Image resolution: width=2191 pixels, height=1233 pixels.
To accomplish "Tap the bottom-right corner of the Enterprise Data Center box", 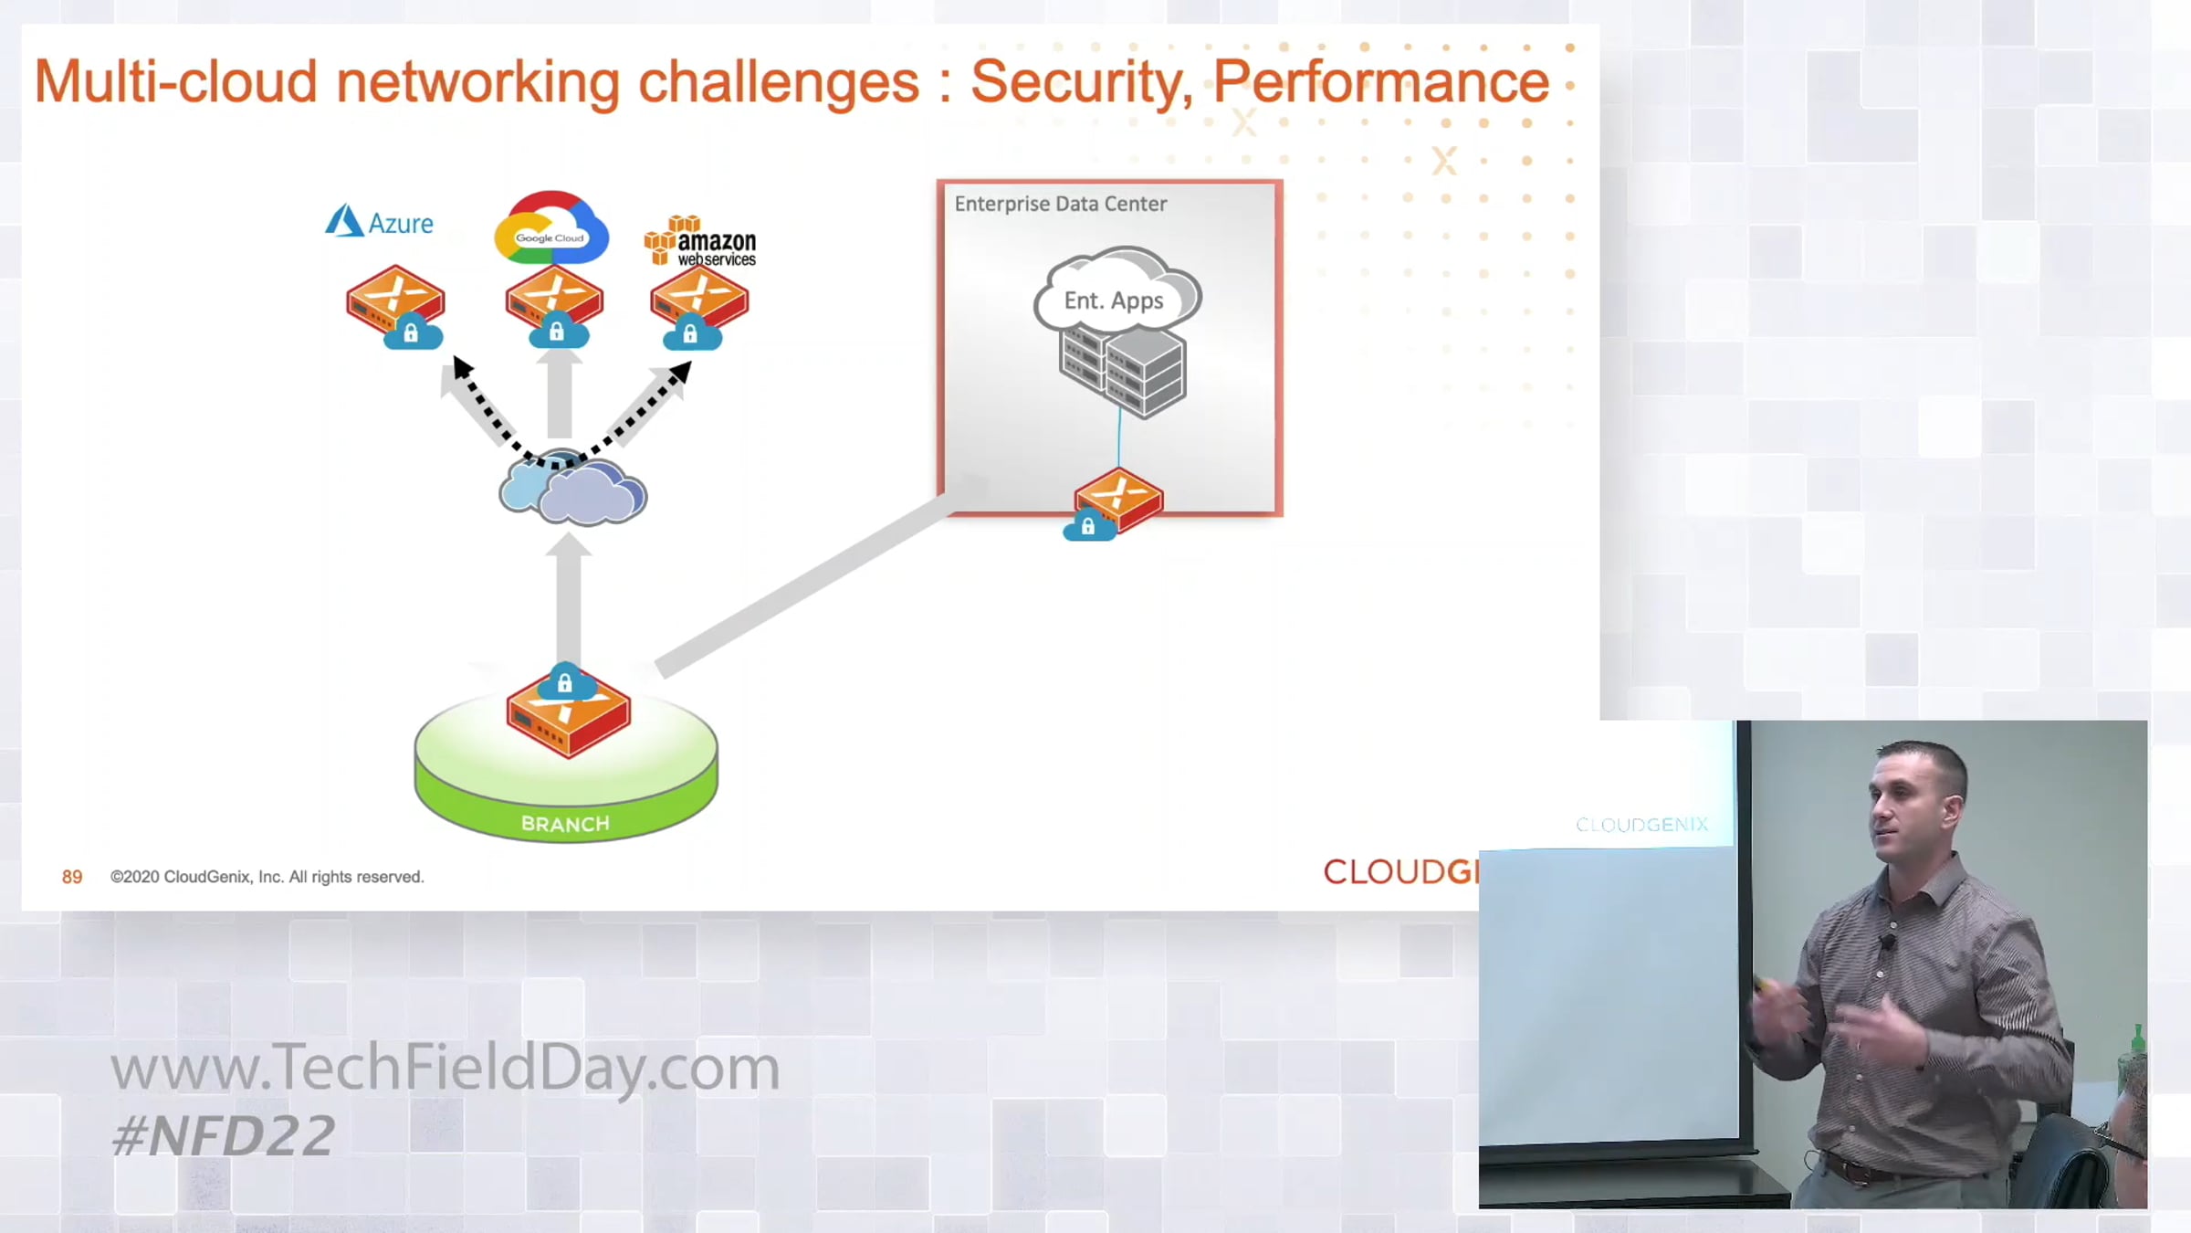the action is [x=1282, y=516].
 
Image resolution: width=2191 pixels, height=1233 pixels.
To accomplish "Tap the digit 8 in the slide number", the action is [x=67, y=877].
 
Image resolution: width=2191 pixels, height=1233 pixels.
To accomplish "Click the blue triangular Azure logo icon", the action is [x=344, y=221].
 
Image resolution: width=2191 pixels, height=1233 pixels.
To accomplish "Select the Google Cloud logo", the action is [x=551, y=227].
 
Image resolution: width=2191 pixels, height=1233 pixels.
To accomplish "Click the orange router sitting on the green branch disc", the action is [x=568, y=716].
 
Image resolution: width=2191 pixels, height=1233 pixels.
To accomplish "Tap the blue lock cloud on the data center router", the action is [x=1089, y=526].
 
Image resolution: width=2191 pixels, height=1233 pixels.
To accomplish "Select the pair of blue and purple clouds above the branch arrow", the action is [x=572, y=490].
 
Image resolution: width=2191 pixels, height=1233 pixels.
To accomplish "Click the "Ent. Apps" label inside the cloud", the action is [x=1114, y=300].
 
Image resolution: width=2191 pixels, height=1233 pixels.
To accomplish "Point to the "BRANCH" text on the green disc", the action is [x=565, y=824].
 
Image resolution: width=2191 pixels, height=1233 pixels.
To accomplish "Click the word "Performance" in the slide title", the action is [x=1380, y=82].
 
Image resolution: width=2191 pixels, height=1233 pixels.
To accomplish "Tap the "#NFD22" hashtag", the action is [x=223, y=1136].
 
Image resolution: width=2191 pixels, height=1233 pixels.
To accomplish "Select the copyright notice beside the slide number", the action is [x=267, y=877].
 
